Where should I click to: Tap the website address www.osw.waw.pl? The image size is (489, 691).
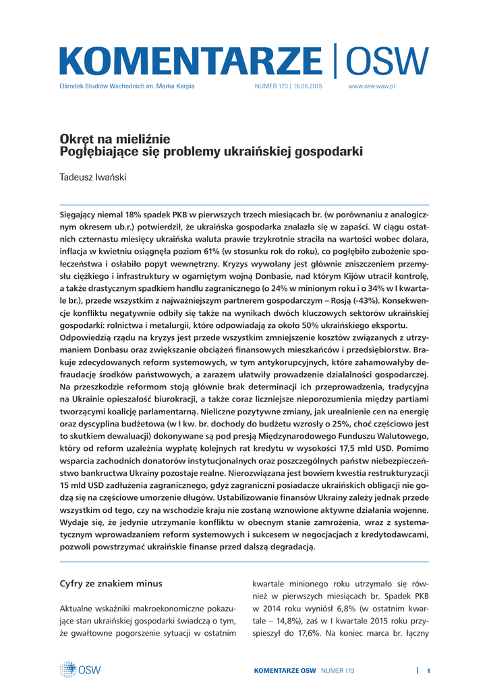[x=370, y=87]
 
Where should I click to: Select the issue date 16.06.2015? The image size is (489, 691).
[x=308, y=87]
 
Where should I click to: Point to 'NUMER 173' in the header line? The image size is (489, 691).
[x=270, y=87]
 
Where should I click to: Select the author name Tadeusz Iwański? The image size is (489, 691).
[x=93, y=177]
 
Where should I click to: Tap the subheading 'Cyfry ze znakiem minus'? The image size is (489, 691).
[x=111, y=583]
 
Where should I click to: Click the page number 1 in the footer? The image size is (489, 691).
[x=428, y=670]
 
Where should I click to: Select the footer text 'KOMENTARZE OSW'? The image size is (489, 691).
[x=285, y=670]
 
